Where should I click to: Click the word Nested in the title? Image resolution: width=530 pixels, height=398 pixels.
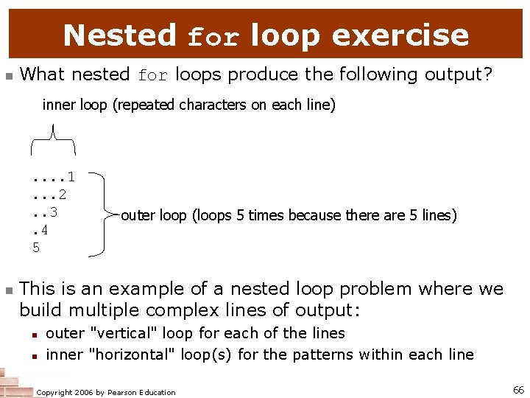pyautogui.click(x=120, y=35)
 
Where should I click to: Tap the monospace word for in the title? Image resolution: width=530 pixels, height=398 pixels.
pyautogui.click(x=213, y=37)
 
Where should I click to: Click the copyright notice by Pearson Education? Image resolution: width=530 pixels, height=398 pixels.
pyautogui.click(x=106, y=392)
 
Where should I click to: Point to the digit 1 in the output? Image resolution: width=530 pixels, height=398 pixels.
pyautogui.click(x=71, y=177)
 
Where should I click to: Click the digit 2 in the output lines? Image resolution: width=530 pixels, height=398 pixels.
pyautogui.click(x=63, y=195)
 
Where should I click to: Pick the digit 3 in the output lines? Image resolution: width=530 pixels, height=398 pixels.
pyautogui.click(x=54, y=212)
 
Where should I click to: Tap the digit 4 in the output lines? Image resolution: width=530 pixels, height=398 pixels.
pyautogui.click(x=45, y=230)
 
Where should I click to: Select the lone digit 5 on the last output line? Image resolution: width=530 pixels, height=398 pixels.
pyautogui.click(x=36, y=248)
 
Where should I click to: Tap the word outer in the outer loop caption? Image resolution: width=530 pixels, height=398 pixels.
pyautogui.click(x=138, y=215)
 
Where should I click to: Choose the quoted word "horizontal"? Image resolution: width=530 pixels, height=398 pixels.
pyautogui.click(x=132, y=355)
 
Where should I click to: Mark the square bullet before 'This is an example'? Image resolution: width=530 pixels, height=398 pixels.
pyautogui.click(x=9, y=290)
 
